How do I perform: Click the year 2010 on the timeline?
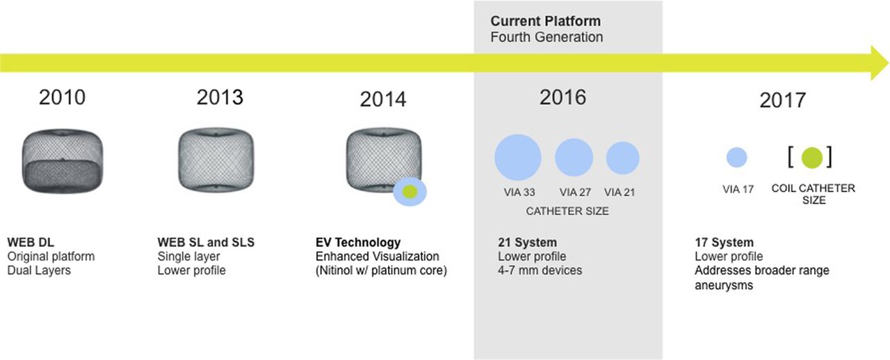pos(62,97)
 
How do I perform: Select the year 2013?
pos(220,97)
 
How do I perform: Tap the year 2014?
pos(383,99)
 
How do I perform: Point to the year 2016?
pos(563,97)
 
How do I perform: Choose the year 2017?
pos(783,100)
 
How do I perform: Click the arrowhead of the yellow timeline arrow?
pos(880,63)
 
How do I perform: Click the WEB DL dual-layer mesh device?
pos(63,161)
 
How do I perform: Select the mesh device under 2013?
pos(216,160)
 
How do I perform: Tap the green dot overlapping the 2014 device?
pos(410,192)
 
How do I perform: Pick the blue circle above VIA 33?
pos(518,157)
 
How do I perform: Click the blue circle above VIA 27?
pos(574,157)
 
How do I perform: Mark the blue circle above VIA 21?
pos(622,158)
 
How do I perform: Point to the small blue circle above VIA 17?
pos(736,157)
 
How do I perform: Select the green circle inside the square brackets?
pos(811,158)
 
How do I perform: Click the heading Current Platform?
pos(546,21)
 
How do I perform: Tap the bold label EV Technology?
pos(358,243)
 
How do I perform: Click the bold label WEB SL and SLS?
pos(206,243)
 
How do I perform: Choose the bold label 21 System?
pos(527,243)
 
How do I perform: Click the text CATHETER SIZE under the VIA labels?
pos(567,211)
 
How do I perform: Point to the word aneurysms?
pos(724,286)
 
